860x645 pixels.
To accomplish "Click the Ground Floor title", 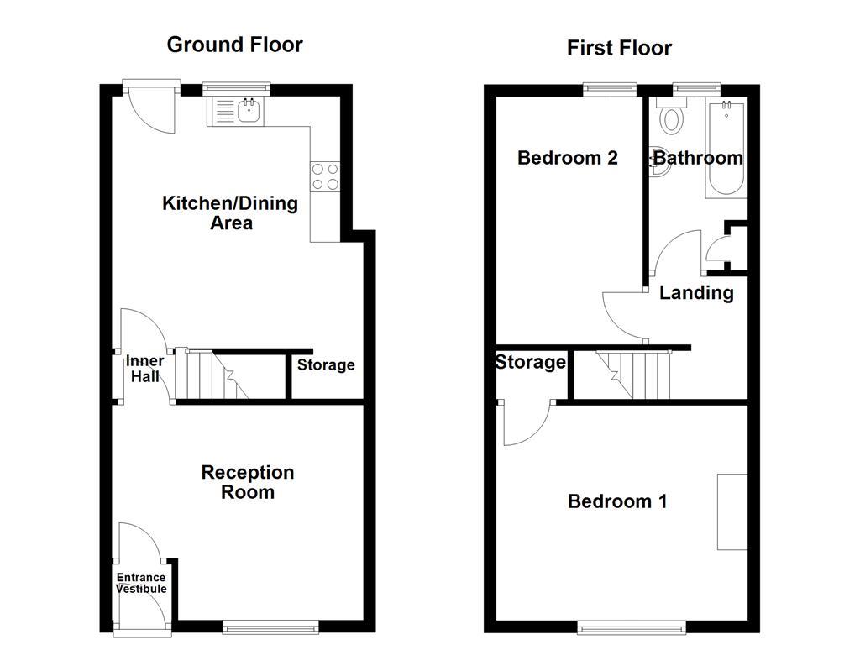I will tap(234, 45).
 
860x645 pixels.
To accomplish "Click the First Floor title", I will tap(619, 48).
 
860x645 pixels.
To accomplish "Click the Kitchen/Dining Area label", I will tap(229, 212).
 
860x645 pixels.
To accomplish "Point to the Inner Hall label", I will tap(144, 369).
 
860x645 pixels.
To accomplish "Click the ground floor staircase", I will tap(217, 375).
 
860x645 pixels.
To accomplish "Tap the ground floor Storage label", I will tap(326, 365).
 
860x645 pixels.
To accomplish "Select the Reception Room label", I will tap(248, 482).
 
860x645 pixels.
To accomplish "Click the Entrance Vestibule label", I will tap(141, 583).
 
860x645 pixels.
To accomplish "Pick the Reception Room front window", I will tap(271, 626).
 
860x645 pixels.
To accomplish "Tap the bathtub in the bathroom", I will tap(726, 149).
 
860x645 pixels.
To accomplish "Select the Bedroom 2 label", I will tap(568, 158).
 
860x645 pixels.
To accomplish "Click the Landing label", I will tap(696, 292).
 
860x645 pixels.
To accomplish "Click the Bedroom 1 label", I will tap(617, 501).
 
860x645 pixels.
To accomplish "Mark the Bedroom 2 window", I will tap(611, 87).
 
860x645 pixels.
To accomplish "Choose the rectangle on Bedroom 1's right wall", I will tap(732, 511).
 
